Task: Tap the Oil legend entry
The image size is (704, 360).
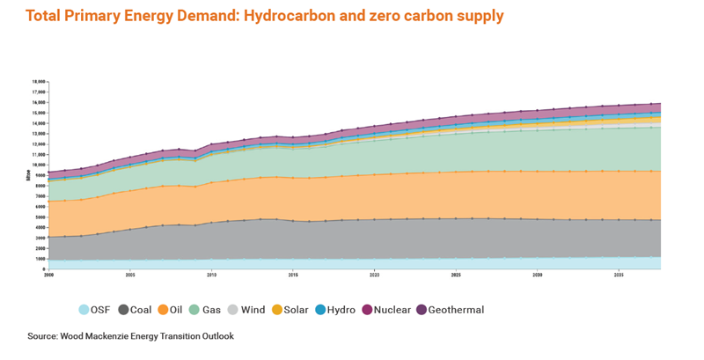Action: coord(175,310)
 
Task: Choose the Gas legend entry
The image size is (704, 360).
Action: coord(209,310)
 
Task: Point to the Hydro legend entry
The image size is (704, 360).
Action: coord(337,310)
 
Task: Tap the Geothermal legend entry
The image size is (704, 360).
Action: coord(449,310)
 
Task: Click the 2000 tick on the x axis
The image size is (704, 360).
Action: coord(49,276)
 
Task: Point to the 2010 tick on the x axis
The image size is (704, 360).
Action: coord(211,276)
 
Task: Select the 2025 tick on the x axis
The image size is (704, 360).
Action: coord(456,276)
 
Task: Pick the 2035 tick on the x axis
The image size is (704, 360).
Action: coord(619,276)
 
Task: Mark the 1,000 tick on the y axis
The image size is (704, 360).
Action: coord(40,259)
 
